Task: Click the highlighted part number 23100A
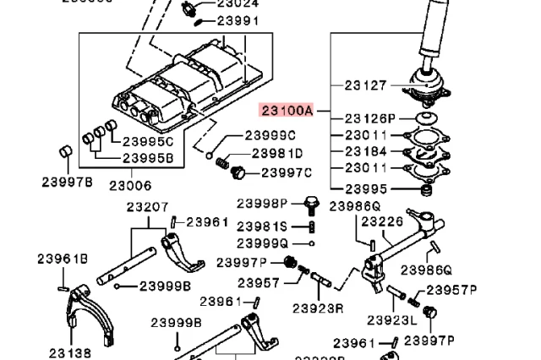coord(287,111)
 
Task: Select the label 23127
coord(365,85)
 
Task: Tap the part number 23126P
coord(369,118)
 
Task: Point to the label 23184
coord(365,151)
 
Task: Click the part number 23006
coord(129,184)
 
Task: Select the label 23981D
coord(276,153)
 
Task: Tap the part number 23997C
coord(286,173)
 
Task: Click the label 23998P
coord(262,203)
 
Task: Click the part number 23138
coord(69,353)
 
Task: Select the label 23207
coord(148,206)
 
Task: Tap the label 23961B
coord(62,259)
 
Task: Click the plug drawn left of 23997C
coord(239,173)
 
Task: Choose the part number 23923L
coord(391,320)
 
